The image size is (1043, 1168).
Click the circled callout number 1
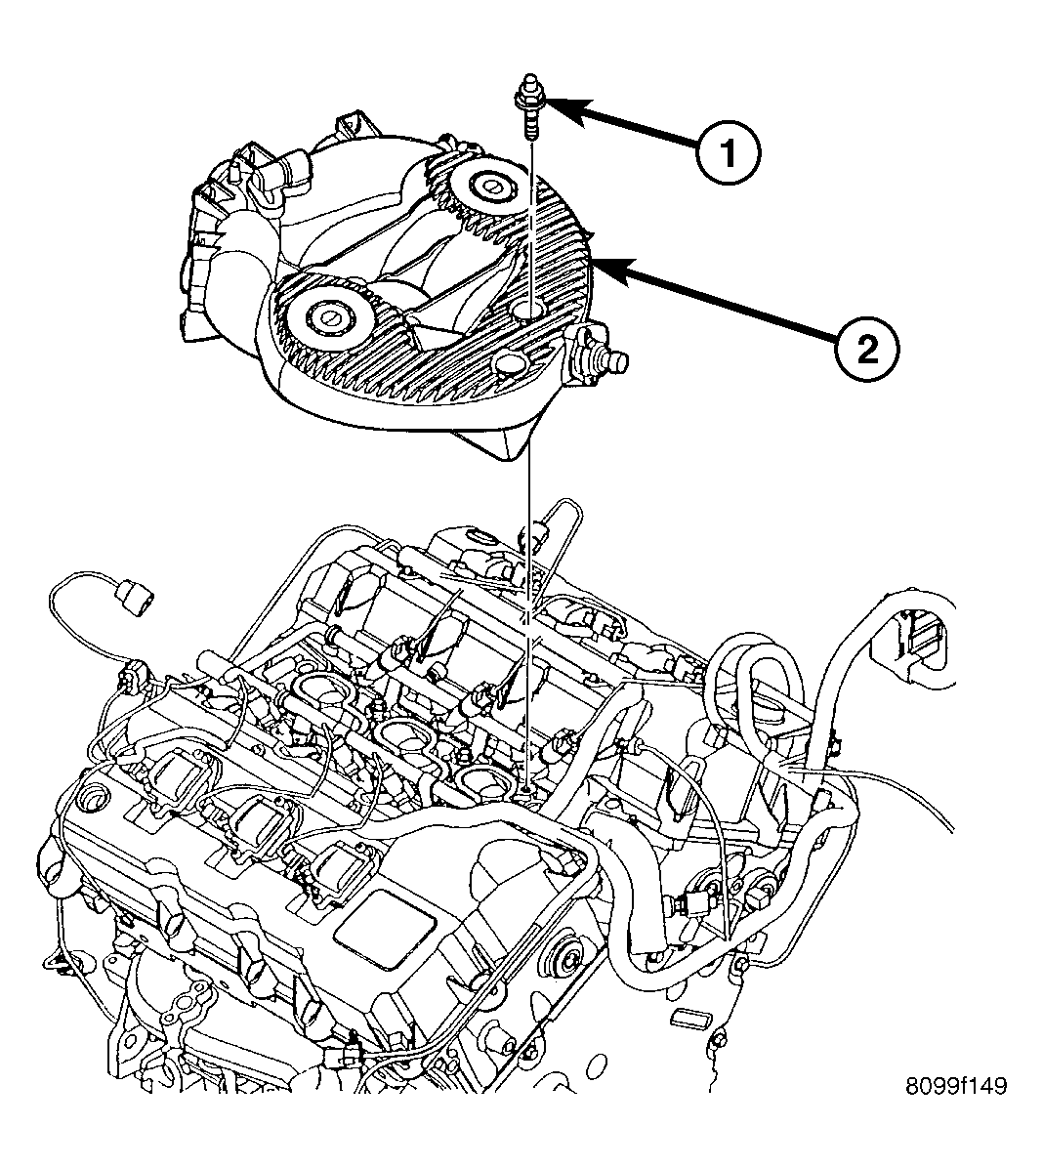pos(729,153)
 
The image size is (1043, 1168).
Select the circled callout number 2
pos(867,348)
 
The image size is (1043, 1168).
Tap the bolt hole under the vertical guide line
pos(531,311)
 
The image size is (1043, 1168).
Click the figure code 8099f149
pos(956,1085)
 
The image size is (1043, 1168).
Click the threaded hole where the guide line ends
pos(527,787)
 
